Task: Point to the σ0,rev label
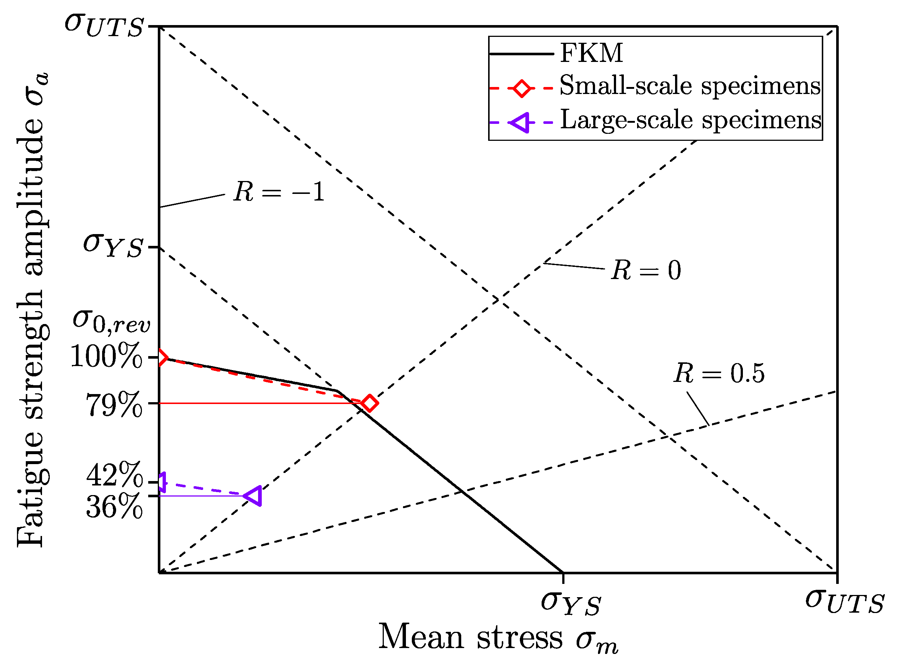(x=111, y=322)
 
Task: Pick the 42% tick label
(x=114, y=475)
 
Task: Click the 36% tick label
(x=114, y=506)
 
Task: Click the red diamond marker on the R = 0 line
(x=369, y=403)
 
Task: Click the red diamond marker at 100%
(x=161, y=357)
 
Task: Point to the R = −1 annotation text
(x=279, y=192)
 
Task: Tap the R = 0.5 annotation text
(x=719, y=373)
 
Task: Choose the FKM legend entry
(x=591, y=53)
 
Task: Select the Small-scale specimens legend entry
(x=689, y=87)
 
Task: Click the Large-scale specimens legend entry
(x=690, y=121)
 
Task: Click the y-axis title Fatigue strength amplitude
(x=32, y=310)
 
